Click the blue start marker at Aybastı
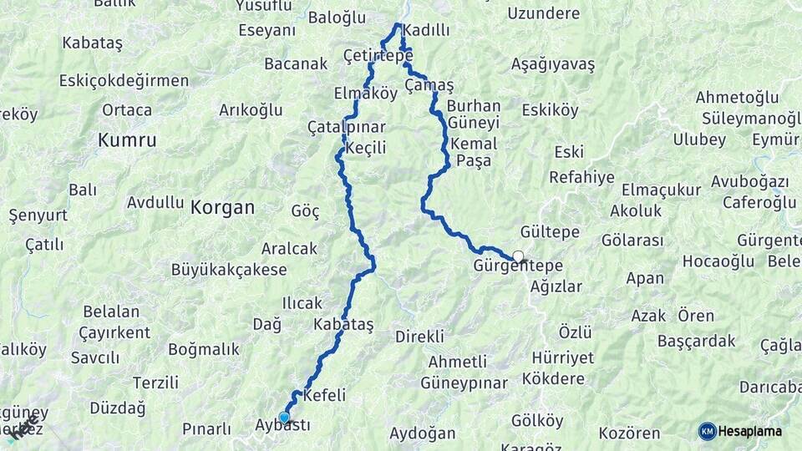[284, 418]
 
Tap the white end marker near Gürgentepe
[519, 256]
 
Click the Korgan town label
[222, 207]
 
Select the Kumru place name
[127, 140]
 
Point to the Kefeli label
[325, 395]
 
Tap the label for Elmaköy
[365, 94]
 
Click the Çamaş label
[429, 86]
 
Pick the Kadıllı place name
[426, 31]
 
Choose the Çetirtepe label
[378, 55]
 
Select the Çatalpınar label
[346, 128]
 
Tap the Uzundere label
[543, 13]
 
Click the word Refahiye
[581, 177]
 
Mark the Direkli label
[419, 337]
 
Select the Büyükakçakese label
[229, 270]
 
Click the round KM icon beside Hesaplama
[707, 431]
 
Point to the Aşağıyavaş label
[553, 65]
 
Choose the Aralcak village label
[289, 248]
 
